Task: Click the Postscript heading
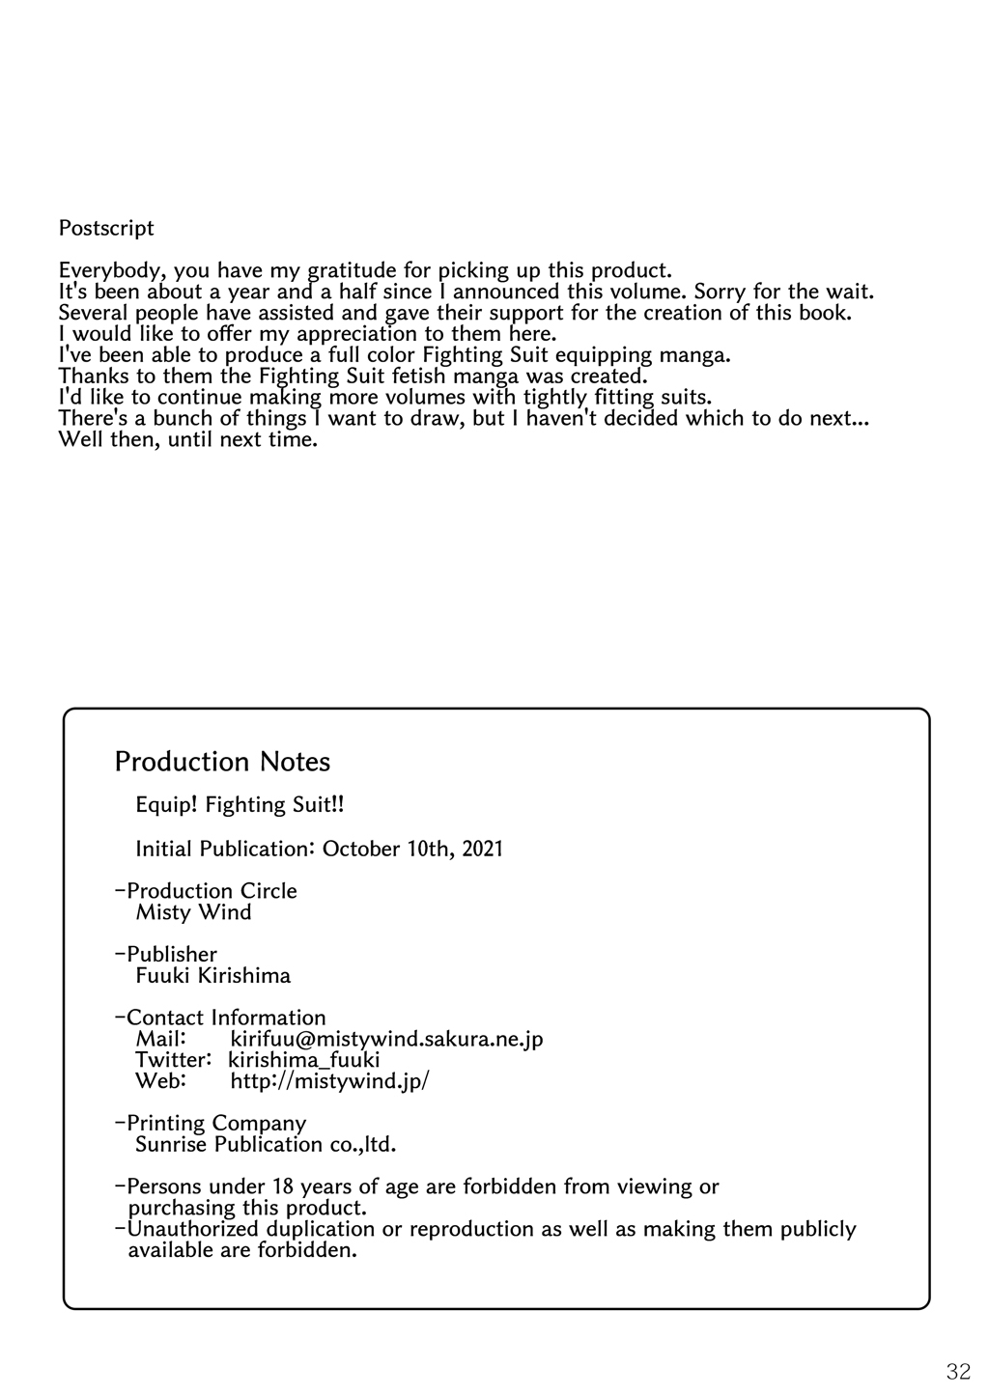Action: [x=106, y=229]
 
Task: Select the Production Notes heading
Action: [x=222, y=762]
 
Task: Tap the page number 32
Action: [x=958, y=1372]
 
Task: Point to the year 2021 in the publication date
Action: [x=482, y=850]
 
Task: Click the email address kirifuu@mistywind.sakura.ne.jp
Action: [x=386, y=1039]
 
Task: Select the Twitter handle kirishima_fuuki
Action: [x=304, y=1060]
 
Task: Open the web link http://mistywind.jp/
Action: [x=329, y=1081]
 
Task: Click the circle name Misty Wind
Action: [x=193, y=912]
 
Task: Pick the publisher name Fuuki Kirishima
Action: [x=212, y=976]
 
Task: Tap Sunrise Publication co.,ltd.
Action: [x=266, y=1145]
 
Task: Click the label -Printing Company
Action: [x=211, y=1124]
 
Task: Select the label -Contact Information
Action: [x=220, y=1018]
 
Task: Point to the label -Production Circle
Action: [x=206, y=891]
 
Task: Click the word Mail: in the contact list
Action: [x=160, y=1039]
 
